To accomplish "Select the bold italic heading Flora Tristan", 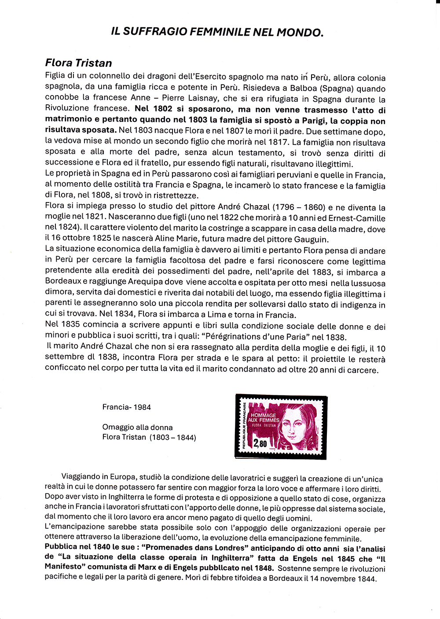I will click(x=78, y=63).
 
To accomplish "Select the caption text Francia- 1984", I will click(x=126, y=407).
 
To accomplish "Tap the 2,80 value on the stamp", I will click(x=260, y=443).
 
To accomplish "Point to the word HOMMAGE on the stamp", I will click(x=263, y=415).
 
